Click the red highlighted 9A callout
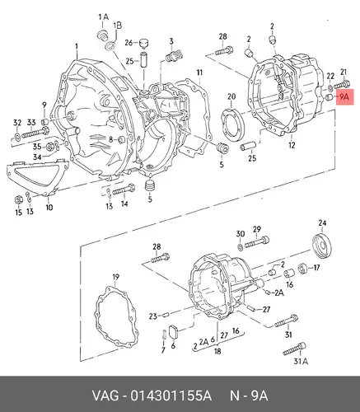click(x=345, y=97)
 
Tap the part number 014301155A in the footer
click(x=171, y=396)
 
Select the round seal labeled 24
click(x=322, y=246)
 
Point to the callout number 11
click(x=199, y=73)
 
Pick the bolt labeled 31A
click(x=294, y=349)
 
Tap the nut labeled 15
click(x=18, y=199)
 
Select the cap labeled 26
click(x=143, y=43)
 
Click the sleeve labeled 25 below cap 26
click(x=144, y=59)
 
